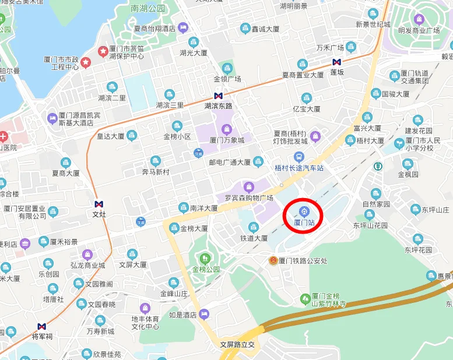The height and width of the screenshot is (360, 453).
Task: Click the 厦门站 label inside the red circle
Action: [x=304, y=223]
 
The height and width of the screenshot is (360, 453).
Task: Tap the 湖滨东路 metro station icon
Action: [x=218, y=96]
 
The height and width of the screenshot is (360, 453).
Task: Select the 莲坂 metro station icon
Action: [x=337, y=62]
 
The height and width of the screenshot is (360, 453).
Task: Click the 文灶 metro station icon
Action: [x=99, y=204]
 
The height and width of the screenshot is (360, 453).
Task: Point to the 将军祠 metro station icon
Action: [x=41, y=326]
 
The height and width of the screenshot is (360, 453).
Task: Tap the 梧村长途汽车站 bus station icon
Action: [x=299, y=157]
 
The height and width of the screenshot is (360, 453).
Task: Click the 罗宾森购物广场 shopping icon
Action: [x=249, y=187]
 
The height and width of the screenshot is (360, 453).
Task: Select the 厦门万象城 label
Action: [x=227, y=140]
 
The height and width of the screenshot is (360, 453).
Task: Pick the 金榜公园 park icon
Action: [x=205, y=258]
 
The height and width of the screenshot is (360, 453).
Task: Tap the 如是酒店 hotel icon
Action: [x=204, y=315]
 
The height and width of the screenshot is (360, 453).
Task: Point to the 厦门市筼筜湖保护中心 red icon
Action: [x=103, y=51]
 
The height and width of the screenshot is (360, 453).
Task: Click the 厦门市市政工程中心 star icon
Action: [x=86, y=62]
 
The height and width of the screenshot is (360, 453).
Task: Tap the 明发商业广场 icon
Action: [x=419, y=19]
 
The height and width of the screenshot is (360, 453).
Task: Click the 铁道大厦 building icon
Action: [x=254, y=227]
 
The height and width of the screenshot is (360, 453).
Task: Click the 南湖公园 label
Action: [x=148, y=9]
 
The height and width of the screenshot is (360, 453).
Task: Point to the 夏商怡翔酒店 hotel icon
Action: [x=183, y=27]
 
